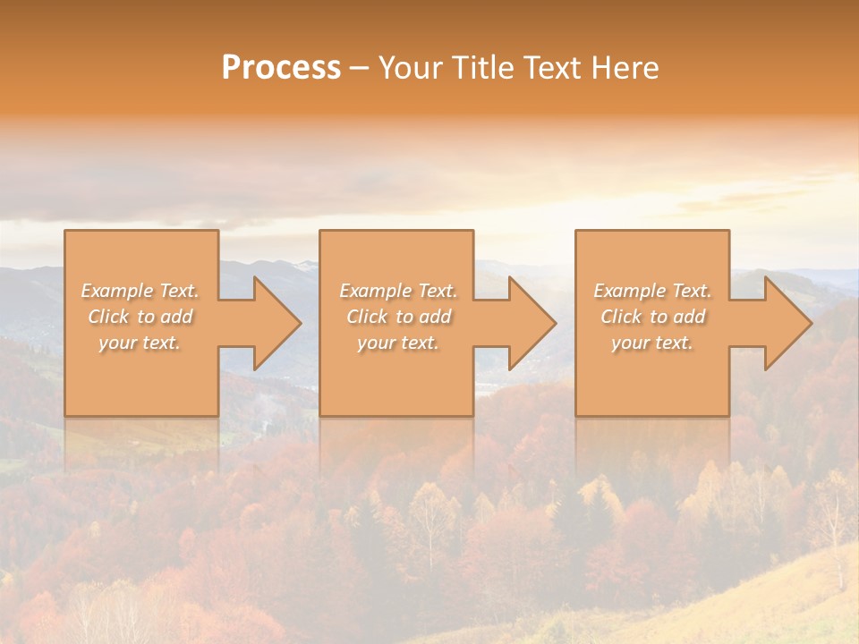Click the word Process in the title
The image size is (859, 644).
pos(281,68)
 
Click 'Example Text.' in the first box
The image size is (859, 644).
pos(140,291)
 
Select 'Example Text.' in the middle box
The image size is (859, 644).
pos(397,291)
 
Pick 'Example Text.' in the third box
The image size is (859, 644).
pos(652,291)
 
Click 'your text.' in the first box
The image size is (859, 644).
pos(140,343)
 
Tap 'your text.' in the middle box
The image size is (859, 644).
pos(397,343)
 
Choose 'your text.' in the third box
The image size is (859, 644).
pos(652,343)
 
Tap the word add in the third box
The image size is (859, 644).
pos(689,317)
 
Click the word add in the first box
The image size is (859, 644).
pos(176,317)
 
